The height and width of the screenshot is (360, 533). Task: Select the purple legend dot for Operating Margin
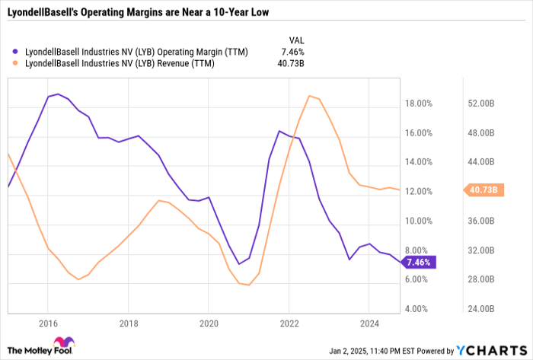tap(16, 53)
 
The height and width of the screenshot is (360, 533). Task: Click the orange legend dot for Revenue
tap(16, 64)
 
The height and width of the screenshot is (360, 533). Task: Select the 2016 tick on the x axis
tap(47, 323)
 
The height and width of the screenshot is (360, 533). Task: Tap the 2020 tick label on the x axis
tap(208, 323)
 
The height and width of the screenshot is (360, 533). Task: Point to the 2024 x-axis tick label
tap(369, 323)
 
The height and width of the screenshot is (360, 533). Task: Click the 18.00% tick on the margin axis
tap(420, 104)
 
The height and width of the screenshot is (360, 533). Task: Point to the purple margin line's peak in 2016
tap(58, 94)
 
